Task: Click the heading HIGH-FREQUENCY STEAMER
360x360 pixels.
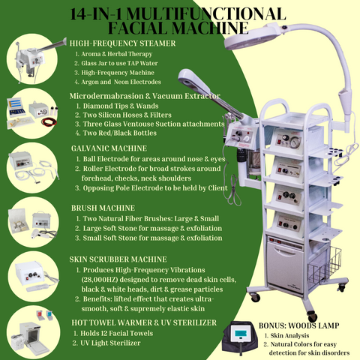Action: coord(122,43)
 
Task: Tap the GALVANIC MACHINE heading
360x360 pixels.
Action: coord(109,148)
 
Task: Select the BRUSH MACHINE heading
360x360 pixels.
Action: coord(103,208)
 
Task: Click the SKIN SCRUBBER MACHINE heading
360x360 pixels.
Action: coord(118,259)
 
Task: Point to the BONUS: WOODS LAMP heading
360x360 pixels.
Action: coord(299,325)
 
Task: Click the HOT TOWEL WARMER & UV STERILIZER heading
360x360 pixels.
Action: coord(144,322)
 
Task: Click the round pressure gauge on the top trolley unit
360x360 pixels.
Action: coord(295,142)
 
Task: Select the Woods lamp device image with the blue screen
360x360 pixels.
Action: coord(240,337)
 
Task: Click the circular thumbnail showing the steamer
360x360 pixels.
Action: coord(32,59)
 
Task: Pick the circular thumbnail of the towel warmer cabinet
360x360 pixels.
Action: coord(34,331)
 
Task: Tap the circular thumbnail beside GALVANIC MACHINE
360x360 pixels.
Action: coord(32,168)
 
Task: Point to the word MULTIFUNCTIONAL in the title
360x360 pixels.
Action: coord(206,14)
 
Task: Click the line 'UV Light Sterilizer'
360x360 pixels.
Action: coord(110,343)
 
